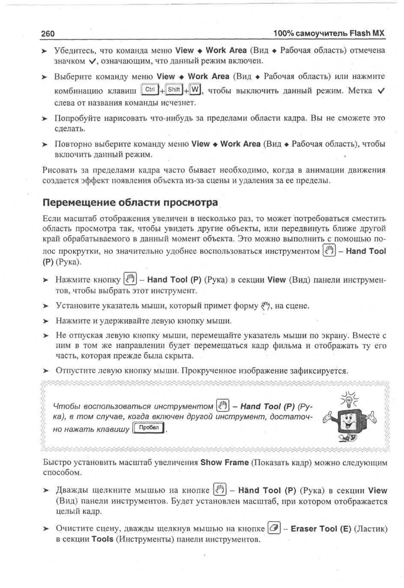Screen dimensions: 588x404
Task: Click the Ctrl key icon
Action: click(x=150, y=90)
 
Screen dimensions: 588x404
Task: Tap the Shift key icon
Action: click(x=174, y=90)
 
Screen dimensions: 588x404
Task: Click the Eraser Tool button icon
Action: click(x=274, y=528)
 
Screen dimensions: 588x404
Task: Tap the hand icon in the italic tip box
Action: click(x=223, y=406)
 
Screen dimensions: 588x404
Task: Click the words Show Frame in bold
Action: click(x=224, y=462)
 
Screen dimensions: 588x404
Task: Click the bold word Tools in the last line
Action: click(x=102, y=539)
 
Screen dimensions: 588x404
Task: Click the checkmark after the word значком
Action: click(x=92, y=61)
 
